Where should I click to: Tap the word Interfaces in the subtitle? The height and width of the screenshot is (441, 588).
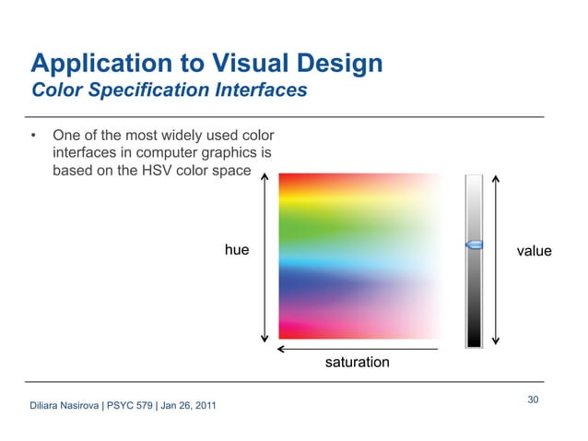(x=257, y=91)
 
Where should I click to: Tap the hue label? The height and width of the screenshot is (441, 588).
(x=237, y=250)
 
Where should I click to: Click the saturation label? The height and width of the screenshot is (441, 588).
(x=357, y=363)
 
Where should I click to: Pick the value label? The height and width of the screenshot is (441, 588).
(x=534, y=251)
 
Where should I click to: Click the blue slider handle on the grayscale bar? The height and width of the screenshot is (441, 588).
(x=474, y=244)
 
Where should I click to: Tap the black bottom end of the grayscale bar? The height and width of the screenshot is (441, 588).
(x=474, y=339)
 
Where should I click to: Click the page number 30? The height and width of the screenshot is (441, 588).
(x=533, y=399)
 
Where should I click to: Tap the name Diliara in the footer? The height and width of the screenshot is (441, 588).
(x=47, y=407)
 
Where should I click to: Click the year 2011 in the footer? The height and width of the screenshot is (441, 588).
(x=204, y=407)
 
